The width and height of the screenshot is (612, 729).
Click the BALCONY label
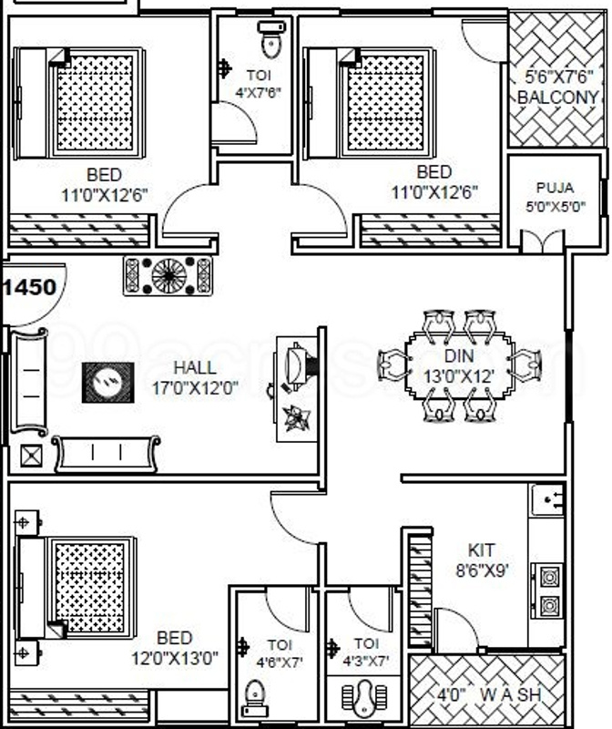557,98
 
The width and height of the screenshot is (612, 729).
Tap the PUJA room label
555,188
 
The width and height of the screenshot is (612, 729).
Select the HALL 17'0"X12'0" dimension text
195,387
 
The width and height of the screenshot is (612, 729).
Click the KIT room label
482,550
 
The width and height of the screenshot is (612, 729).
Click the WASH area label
510,694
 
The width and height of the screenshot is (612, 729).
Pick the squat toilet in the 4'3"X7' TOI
364,698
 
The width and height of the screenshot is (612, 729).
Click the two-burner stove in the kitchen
550,590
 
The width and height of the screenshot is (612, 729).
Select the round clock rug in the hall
108,382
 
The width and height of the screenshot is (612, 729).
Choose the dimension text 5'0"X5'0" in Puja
555,207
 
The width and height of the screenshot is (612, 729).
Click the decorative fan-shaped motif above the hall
168,274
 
